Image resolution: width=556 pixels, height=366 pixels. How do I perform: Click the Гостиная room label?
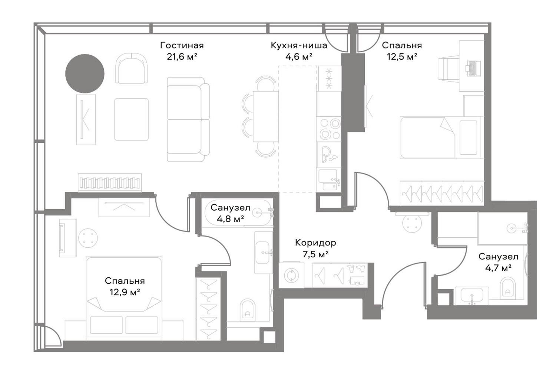[x=182, y=46]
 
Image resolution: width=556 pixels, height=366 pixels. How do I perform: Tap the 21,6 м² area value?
[x=182, y=57]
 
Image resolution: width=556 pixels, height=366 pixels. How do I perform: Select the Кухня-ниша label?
[x=299, y=46]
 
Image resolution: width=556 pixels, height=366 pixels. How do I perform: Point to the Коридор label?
[x=315, y=243]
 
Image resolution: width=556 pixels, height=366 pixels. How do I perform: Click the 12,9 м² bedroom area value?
[x=125, y=292]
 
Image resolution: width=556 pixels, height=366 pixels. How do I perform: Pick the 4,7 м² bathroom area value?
[x=499, y=268]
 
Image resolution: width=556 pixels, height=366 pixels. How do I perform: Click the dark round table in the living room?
[x=85, y=73]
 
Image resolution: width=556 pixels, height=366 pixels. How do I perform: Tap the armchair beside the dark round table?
[x=132, y=68]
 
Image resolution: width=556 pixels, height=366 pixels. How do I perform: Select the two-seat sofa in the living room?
[x=188, y=119]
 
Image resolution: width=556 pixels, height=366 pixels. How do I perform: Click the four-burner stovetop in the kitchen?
[x=330, y=129]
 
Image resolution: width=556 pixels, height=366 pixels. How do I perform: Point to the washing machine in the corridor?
[x=291, y=275]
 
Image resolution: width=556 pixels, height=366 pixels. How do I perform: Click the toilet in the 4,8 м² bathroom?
[x=248, y=310]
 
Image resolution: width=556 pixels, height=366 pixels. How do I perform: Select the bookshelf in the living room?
[x=110, y=182]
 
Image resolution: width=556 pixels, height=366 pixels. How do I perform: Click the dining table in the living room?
[x=266, y=116]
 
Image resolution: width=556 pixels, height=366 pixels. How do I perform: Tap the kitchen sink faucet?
[x=336, y=181]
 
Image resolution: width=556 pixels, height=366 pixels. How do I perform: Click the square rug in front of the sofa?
[x=131, y=119]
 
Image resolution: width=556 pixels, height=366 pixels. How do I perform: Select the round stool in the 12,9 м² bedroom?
[x=88, y=238]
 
